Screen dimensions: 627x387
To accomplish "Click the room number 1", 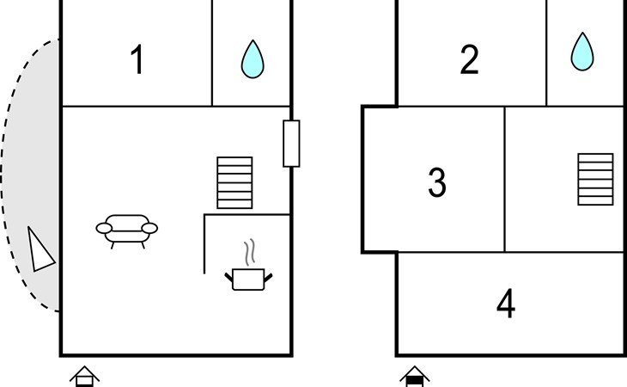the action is click(137, 59).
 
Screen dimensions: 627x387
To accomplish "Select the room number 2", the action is click(469, 59).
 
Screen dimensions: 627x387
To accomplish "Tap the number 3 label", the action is click(437, 182).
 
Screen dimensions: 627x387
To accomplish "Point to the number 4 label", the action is click(506, 304).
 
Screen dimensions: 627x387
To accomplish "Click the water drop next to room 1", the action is click(253, 59).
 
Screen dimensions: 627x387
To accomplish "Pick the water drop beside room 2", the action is click(582, 52).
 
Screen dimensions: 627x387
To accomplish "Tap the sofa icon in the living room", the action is click(127, 231).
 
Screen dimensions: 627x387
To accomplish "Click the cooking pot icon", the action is click(248, 279).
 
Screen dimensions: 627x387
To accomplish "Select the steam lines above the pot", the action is click(250, 252).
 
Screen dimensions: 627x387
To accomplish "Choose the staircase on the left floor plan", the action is click(234, 182).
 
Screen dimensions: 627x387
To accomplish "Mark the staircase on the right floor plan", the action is click(595, 179).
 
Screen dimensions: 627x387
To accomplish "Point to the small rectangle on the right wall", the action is click(291, 144).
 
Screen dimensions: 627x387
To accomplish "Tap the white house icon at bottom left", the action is click(84, 376).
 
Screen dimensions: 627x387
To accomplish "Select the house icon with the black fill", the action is click(415, 376).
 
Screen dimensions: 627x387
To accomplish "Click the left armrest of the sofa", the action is click(104, 228).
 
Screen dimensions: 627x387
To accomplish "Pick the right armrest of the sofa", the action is click(149, 228).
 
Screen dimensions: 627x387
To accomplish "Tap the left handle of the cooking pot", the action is click(228, 277).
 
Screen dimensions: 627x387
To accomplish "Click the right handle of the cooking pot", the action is click(268, 277).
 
